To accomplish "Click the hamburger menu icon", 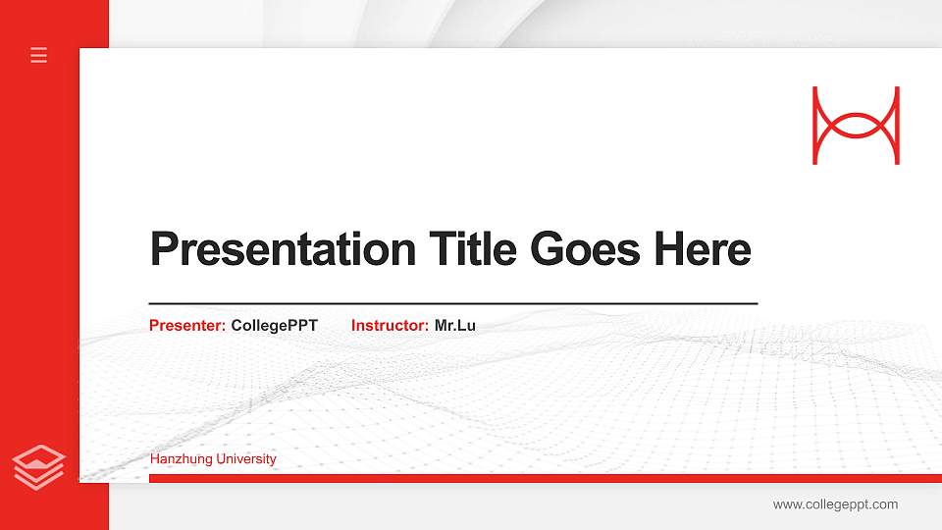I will coord(39,55).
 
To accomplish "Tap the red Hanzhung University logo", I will coord(856,126).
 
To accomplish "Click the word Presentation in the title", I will coord(283,249).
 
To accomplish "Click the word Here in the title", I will coord(703,249).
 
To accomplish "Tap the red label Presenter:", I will coord(187,325).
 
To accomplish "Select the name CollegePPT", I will coord(275,325).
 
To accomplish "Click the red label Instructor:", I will coord(390,325).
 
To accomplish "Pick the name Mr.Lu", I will coord(455,325).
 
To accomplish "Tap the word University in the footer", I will coord(247,459).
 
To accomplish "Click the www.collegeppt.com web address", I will coord(835,504).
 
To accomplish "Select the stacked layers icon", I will coord(39,466).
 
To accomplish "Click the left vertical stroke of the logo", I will coord(815,126).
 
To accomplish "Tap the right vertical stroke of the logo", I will coord(896,126).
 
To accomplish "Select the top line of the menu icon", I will coord(39,48).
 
